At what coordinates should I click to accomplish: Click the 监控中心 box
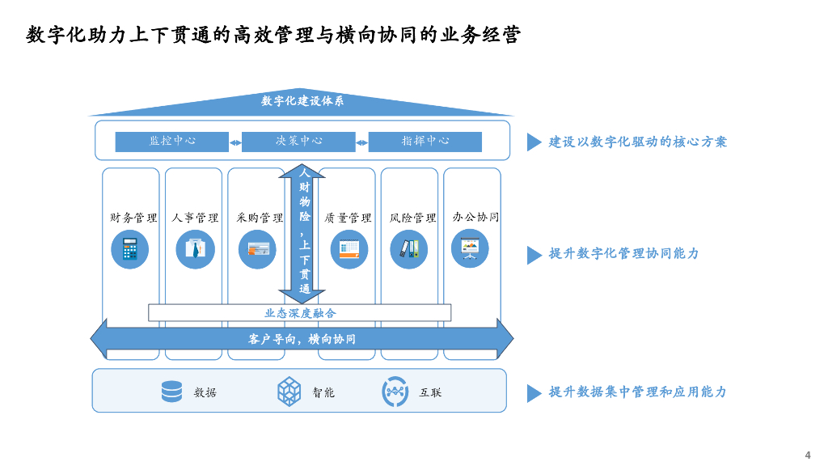(x=172, y=141)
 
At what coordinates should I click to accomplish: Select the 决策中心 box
(x=298, y=141)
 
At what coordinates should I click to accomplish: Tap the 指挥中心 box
(x=425, y=141)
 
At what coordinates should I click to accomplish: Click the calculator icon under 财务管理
(x=129, y=249)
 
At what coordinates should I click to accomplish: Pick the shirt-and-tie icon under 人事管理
(x=195, y=249)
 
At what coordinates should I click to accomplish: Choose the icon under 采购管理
(x=259, y=249)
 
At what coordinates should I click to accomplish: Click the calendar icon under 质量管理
(x=349, y=249)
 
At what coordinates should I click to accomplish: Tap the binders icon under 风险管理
(x=409, y=249)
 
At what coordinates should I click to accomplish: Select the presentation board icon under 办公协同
(x=470, y=249)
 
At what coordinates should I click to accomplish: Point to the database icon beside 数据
(x=171, y=392)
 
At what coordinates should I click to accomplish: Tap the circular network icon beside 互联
(x=395, y=392)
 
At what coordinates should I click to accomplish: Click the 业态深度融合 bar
(x=300, y=313)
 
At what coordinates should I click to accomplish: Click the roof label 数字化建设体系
(x=302, y=101)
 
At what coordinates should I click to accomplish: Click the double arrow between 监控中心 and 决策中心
(x=235, y=143)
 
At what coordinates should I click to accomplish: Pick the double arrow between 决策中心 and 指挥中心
(x=362, y=143)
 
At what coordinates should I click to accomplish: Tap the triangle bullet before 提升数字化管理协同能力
(x=534, y=255)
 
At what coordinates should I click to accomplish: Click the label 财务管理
(x=133, y=218)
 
